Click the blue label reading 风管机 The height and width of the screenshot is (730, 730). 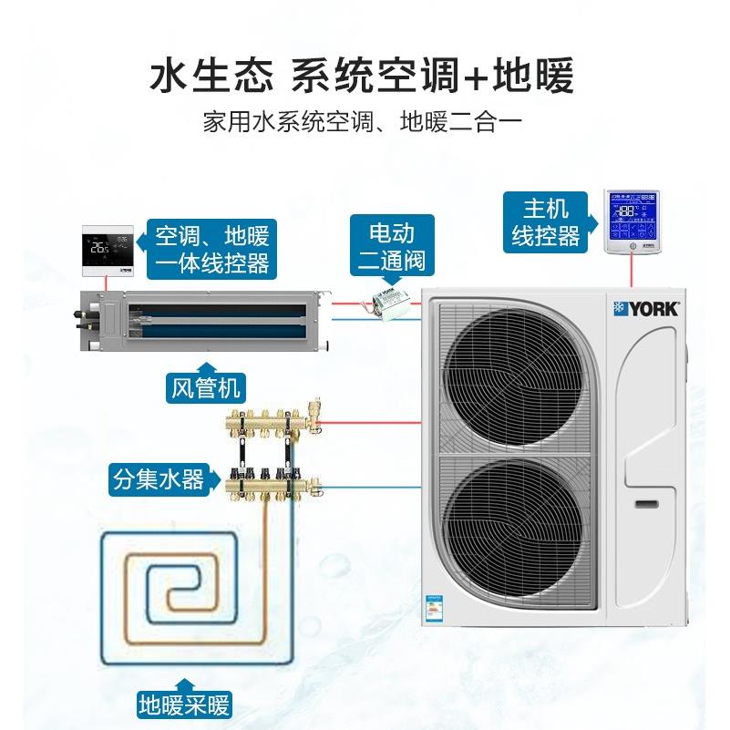(205, 389)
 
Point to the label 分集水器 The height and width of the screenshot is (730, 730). (159, 478)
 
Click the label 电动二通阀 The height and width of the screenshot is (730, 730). (391, 246)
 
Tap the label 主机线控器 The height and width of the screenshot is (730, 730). (546, 222)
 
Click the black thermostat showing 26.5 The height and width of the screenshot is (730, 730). (108, 249)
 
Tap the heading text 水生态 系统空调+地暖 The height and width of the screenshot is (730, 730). (365, 76)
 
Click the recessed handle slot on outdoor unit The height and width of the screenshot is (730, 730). (648, 503)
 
